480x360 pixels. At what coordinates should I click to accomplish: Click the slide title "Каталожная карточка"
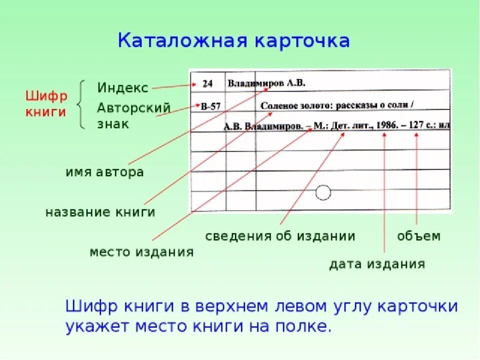(234, 40)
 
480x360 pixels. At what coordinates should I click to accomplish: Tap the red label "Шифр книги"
(46, 104)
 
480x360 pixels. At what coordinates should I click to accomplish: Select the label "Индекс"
(122, 88)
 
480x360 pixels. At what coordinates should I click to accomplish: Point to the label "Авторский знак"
(133, 115)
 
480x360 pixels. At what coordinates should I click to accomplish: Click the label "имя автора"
(104, 172)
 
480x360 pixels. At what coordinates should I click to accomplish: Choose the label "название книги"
(100, 212)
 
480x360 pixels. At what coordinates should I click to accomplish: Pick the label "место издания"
(141, 252)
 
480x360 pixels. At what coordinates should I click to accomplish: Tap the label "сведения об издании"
(280, 236)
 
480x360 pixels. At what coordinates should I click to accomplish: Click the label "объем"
(419, 236)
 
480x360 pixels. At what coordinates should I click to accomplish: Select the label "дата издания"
(377, 264)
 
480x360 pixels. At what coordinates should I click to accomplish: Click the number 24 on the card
(207, 84)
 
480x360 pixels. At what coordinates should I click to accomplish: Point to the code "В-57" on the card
(210, 106)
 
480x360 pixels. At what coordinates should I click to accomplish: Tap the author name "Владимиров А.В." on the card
(266, 83)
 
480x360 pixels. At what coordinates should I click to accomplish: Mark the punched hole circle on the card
(323, 192)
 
